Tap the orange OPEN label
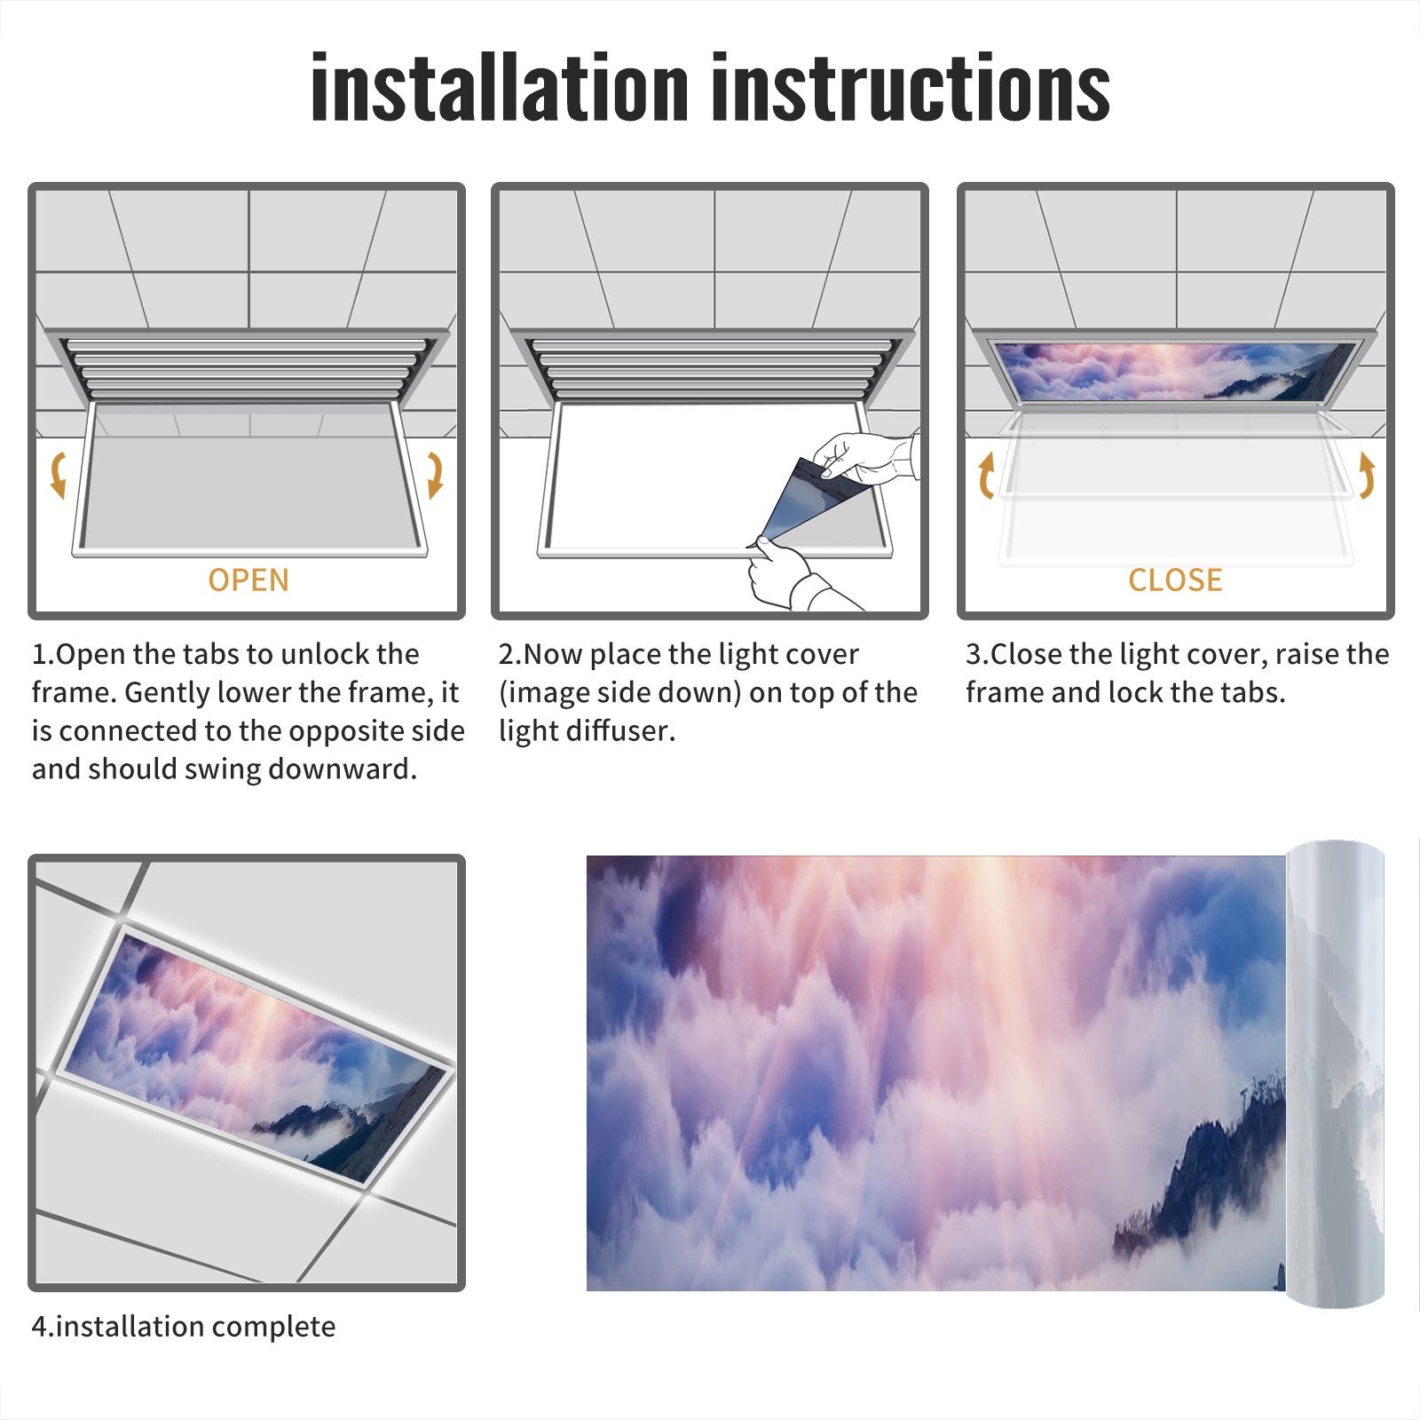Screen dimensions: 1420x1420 pos(248,580)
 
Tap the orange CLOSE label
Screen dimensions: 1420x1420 pos(1175,580)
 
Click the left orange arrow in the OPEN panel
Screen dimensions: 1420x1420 pos(58,475)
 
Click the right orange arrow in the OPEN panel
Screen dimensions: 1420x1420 pos(435,475)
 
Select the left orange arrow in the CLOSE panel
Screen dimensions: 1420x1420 pos(986,475)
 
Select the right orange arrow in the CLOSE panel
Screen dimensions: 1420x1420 pos(1367,475)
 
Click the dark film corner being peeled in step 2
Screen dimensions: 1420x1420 pos(812,501)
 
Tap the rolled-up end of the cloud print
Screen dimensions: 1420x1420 pos(1335,1073)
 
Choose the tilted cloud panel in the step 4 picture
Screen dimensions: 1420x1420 pos(257,1053)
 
